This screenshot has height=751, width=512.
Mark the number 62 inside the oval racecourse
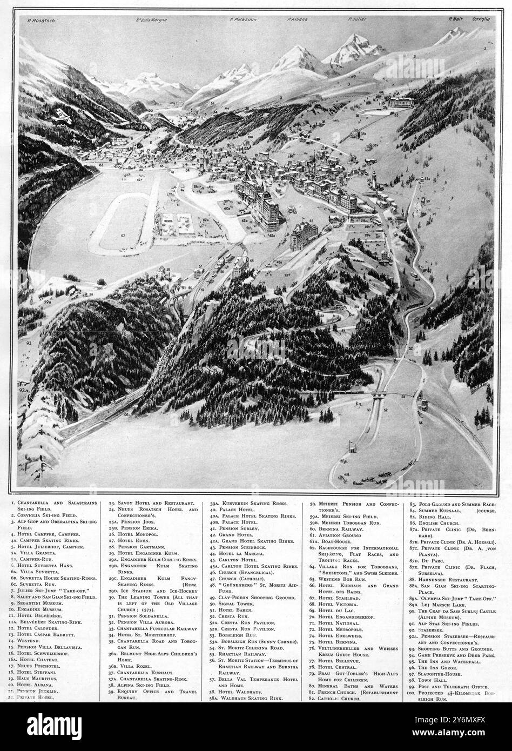click(123, 236)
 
